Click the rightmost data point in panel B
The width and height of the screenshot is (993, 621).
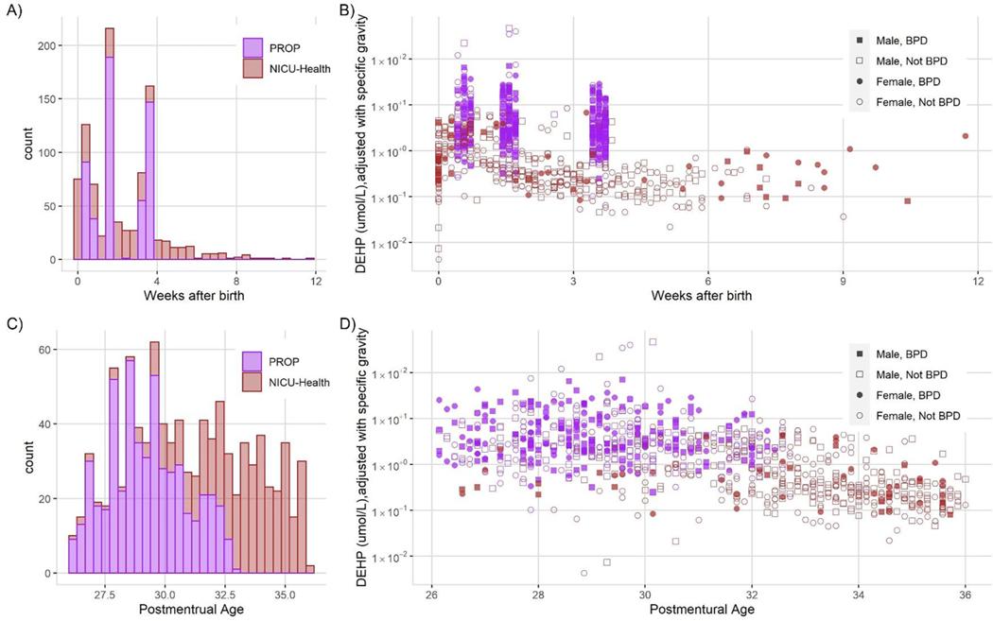tap(965, 135)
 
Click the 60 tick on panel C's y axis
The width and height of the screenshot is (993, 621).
tap(57, 350)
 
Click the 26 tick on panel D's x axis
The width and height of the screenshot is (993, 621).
tap(431, 593)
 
